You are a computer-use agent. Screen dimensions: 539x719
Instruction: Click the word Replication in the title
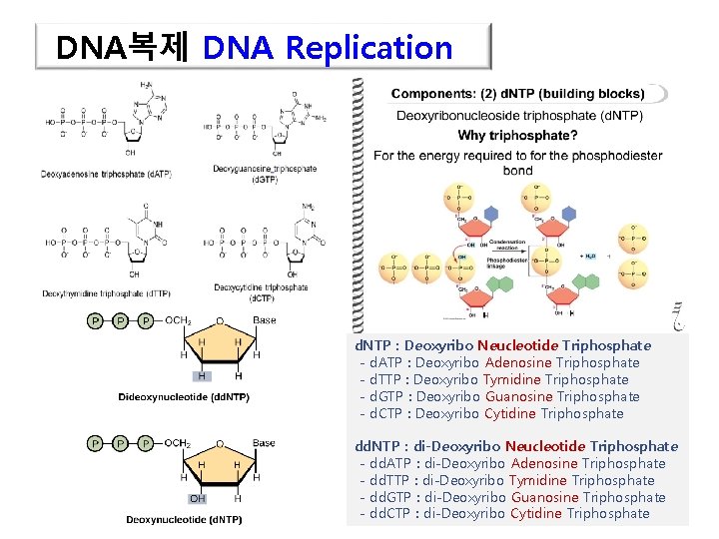pyautogui.click(x=368, y=47)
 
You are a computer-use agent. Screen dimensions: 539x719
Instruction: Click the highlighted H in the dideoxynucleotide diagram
pyautogui.click(x=203, y=376)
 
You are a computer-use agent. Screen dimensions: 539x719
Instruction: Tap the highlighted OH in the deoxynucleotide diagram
pyautogui.click(x=198, y=498)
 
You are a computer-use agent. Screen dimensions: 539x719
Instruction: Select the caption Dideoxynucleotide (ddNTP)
pyautogui.click(x=184, y=397)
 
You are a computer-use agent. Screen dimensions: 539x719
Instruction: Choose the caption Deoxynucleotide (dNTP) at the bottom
pyautogui.click(x=184, y=519)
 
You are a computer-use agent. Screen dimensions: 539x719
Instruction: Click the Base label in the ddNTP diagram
pyautogui.click(x=264, y=320)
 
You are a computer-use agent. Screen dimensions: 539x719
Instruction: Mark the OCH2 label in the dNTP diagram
pyautogui.click(x=178, y=442)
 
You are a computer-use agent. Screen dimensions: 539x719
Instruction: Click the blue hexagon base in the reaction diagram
pyautogui.click(x=490, y=214)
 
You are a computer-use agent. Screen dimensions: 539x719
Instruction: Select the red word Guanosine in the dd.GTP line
pyautogui.click(x=545, y=497)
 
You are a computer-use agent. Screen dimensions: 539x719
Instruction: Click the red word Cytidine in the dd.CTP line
pyautogui.click(x=535, y=514)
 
